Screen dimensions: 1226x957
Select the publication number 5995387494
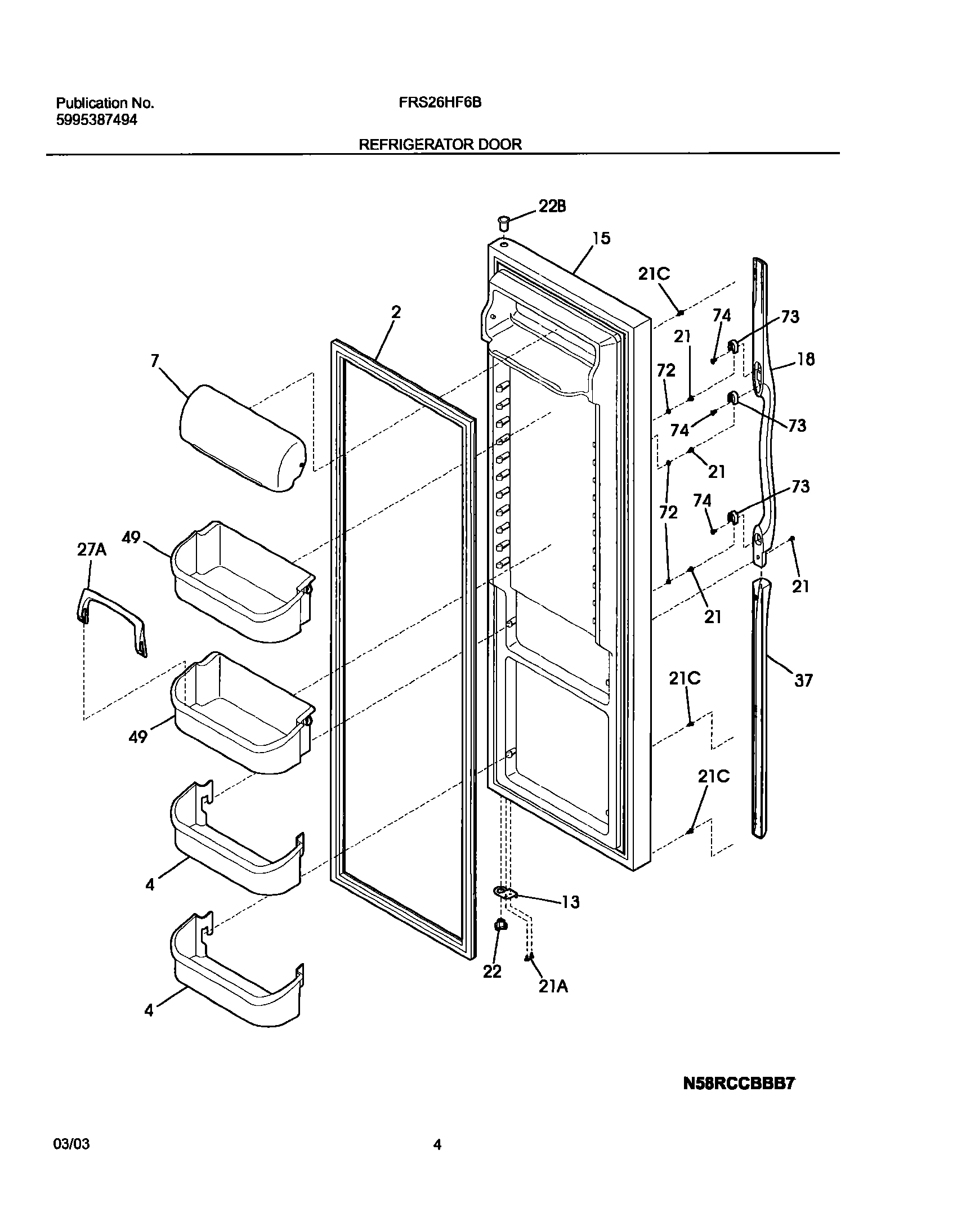click(x=96, y=120)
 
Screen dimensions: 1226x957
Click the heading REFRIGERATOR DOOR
click(x=440, y=145)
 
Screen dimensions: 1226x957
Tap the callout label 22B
click(x=552, y=207)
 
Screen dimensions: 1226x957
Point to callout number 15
click(x=601, y=238)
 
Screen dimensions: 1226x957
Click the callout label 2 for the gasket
click(x=396, y=312)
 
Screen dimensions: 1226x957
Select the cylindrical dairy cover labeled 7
click(x=242, y=439)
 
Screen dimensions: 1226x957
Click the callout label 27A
click(x=92, y=550)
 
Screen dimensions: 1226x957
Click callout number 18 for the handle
click(x=806, y=359)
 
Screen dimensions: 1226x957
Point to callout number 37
click(x=803, y=681)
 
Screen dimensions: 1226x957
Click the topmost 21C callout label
click(x=654, y=274)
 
